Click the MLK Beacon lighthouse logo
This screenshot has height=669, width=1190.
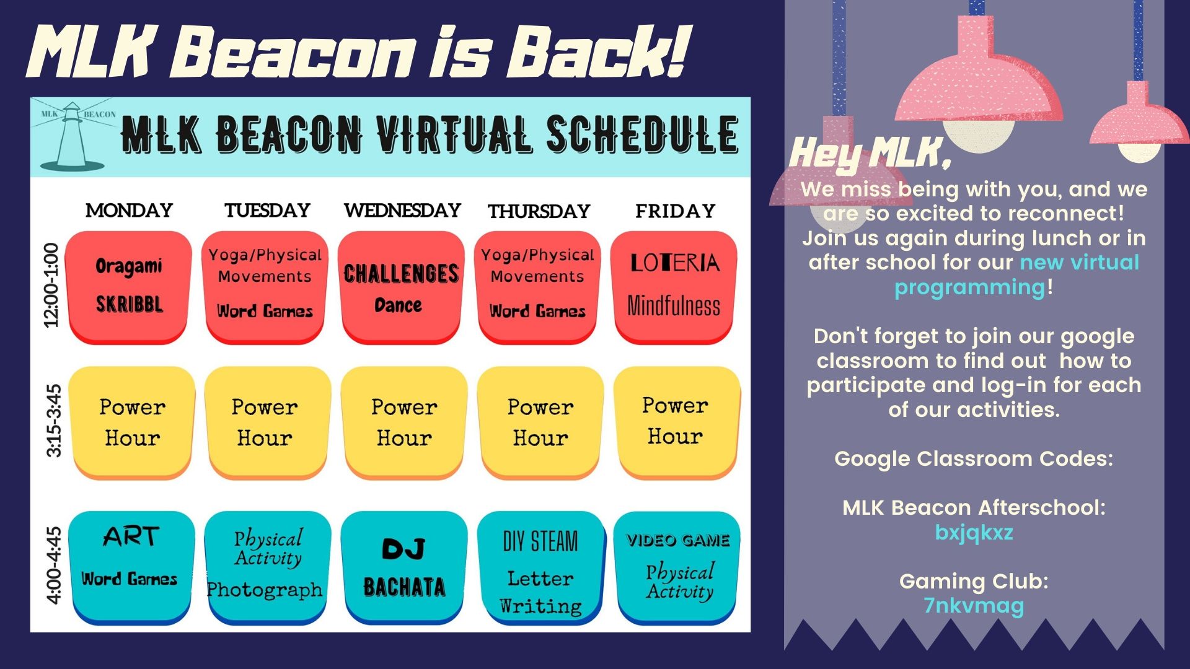pyautogui.click(x=74, y=136)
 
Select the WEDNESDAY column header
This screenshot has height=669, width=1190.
pyautogui.click(x=402, y=211)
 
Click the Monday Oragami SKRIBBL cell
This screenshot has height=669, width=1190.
pyautogui.click(x=129, y=287)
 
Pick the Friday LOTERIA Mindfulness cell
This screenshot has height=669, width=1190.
pyautogui.click(x=674, y=287)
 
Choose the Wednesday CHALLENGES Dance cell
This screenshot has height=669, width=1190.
pyautogui.click(x=402, y=287)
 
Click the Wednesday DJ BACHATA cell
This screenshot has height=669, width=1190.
pyautogui.click(x=404, y=567)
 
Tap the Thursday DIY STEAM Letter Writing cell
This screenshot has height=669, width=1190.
pyautogui.click(x=540, y=567)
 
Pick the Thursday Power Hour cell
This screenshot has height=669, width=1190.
pyautogui.click(x=540, y=422)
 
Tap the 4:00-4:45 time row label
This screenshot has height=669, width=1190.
pyautogui.click(x=54, y=565)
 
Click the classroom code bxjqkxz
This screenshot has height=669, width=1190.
pyautogui.click(x=974, y=533)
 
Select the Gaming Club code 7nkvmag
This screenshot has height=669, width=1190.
pyautogui.click(x=974, y=606)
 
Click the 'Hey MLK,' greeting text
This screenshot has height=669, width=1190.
pyautogui.click(x=870, y=152)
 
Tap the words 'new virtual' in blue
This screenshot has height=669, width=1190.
pyautogui.click(x=1080, y=262)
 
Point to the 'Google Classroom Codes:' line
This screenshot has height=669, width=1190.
pyautogui.click(x=974, y=458)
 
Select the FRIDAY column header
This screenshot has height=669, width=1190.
pyautogui.click(x=675, y=211)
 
